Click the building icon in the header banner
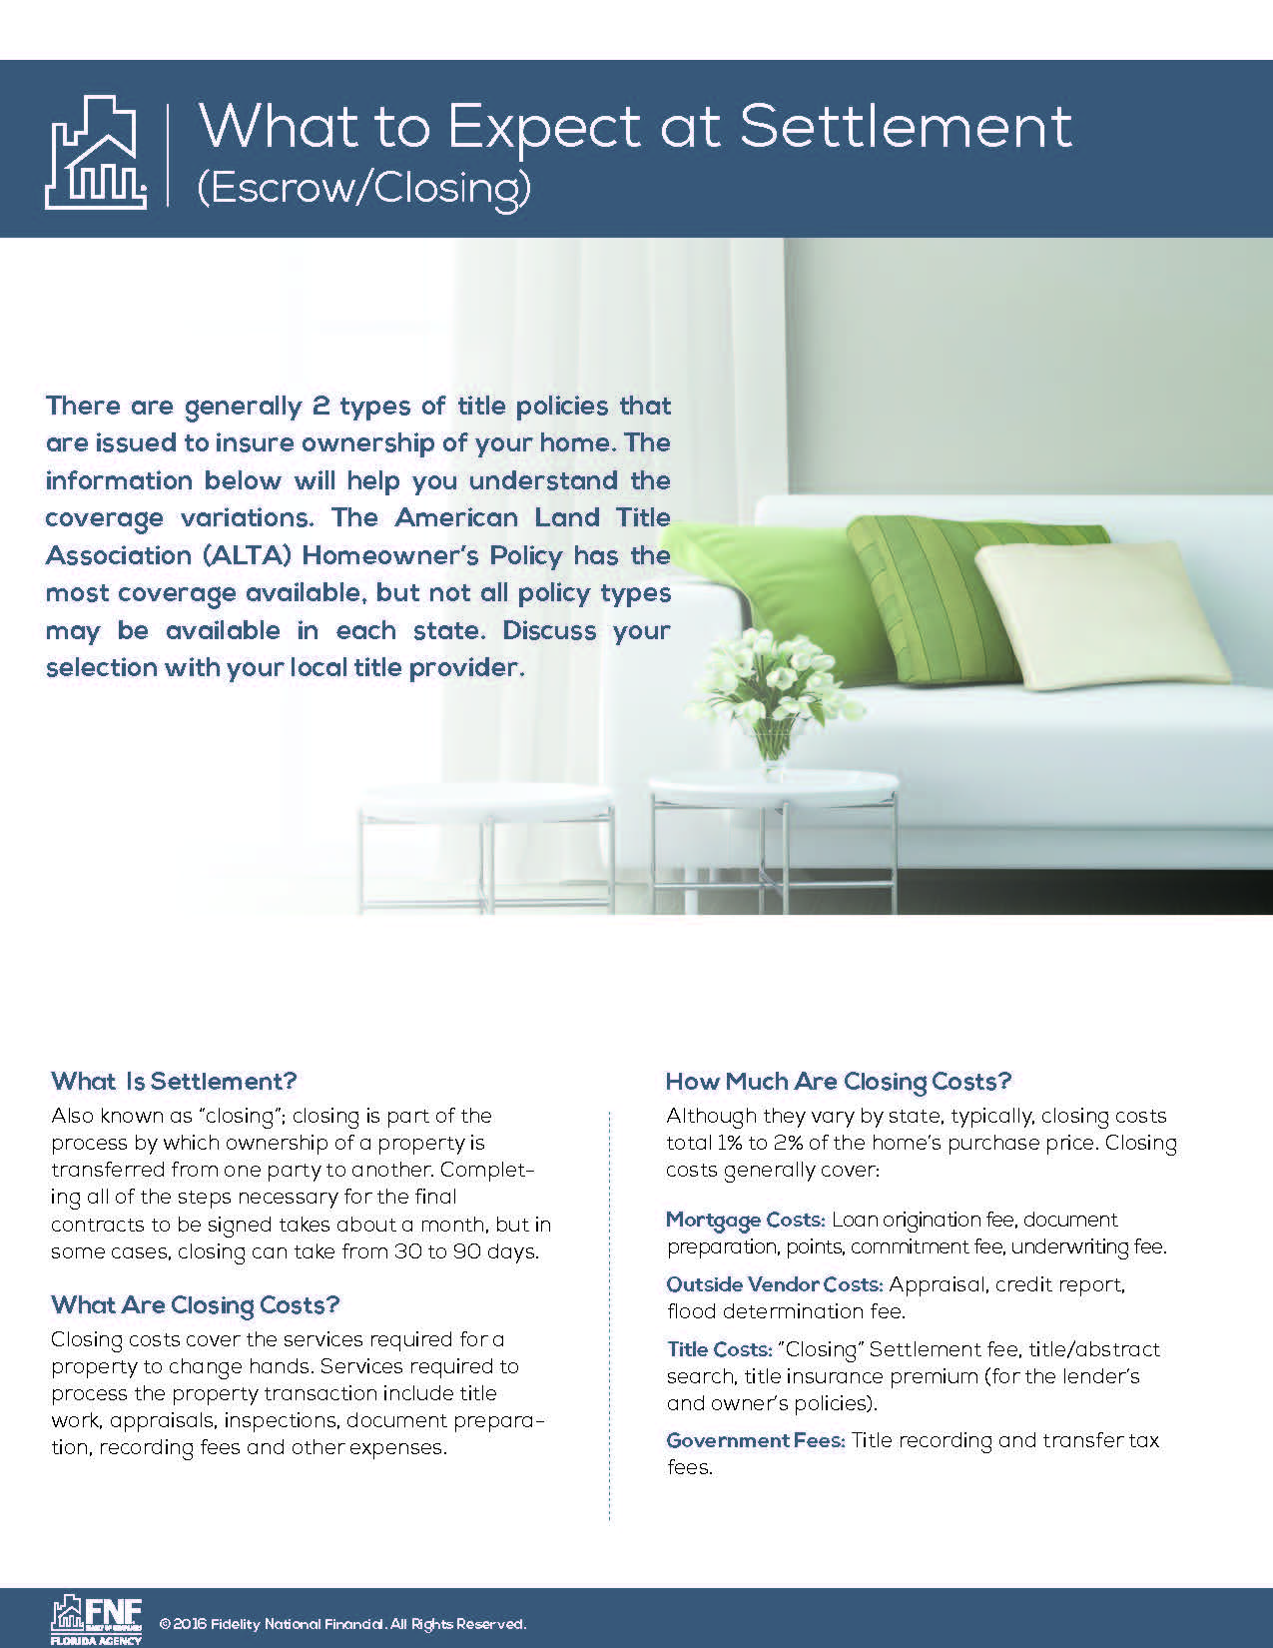tap(96, 152)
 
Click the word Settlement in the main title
tap(906, 127)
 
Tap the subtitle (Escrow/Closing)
tap(363, 187)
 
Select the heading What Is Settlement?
tap(174, 1081)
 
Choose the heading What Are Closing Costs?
tap(196, 1304)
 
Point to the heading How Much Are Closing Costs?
tap(838, 1081)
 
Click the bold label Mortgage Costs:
tap(745, 1220)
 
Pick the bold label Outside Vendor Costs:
tap(774, 1284)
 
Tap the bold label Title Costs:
tap(719, 1349)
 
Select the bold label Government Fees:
tap(756, 1440)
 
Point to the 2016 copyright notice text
tap(342, 1624)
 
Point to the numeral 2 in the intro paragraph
tap(319, 407)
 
